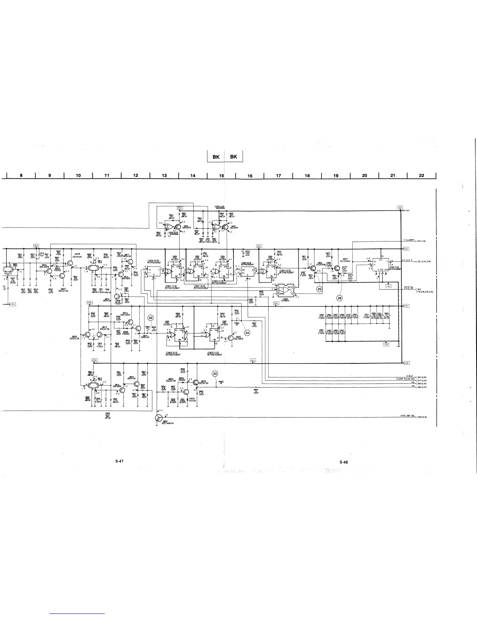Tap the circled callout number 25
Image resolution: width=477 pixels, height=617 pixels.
320,289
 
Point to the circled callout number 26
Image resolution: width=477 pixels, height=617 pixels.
339,298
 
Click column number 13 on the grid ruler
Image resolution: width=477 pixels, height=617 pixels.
164,176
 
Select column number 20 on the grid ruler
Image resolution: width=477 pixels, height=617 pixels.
365,176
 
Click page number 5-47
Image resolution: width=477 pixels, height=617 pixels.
120,462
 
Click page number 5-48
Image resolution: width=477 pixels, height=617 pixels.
343,462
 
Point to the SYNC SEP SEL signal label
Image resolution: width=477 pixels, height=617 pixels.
408,416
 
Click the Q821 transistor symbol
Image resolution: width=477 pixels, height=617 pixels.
158,418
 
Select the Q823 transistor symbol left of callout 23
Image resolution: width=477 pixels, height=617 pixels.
196,383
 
